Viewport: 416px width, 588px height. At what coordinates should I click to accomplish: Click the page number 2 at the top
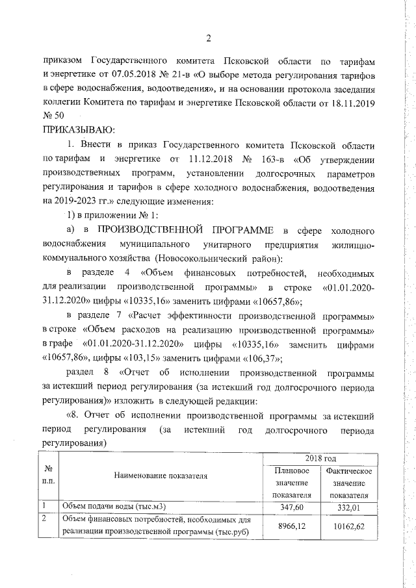(209, 38)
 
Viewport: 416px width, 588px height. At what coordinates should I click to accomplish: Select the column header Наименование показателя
(161, 476)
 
